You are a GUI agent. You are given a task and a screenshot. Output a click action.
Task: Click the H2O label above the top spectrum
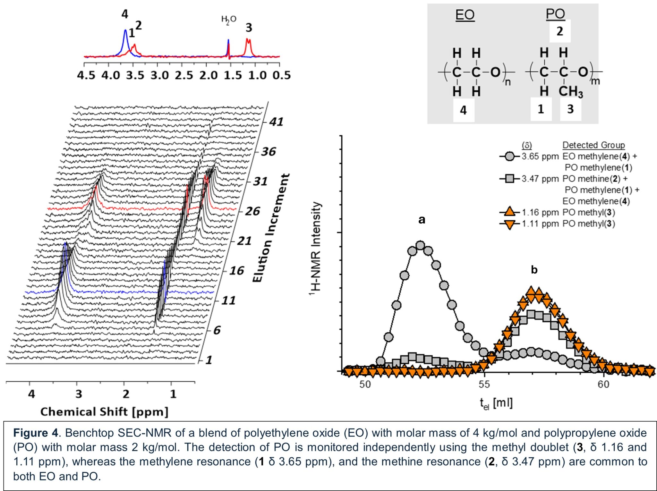click(228, 20)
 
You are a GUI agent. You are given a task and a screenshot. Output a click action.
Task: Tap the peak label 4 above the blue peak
click(125, 14)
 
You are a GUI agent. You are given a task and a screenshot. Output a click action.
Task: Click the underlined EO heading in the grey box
click(465, 15)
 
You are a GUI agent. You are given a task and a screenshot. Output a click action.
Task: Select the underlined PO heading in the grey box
click(555, 14)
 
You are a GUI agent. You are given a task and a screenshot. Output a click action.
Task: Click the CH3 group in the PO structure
click(570, 92)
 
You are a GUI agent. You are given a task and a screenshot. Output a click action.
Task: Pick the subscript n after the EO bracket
click(508, 82)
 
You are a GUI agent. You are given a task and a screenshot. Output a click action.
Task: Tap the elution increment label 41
click(276, 122)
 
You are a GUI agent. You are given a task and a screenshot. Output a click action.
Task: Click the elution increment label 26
click(252, 211)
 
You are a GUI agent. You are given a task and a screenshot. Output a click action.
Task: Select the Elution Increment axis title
click(271, 228)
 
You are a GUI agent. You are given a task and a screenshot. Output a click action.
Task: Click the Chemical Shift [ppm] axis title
click(104, 412)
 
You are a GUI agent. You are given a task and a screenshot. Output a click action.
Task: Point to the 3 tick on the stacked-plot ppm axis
click(79, 394)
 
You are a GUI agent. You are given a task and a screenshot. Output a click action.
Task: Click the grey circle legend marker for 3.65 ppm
click(509, 157)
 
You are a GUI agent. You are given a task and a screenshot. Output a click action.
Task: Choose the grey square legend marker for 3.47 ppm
click(509, 179)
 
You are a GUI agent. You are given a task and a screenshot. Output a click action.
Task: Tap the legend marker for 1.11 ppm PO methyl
click(509, 224)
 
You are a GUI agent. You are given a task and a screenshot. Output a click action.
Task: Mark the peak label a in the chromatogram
click(422, 220)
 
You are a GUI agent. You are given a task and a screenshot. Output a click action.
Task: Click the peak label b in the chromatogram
click(534, 270)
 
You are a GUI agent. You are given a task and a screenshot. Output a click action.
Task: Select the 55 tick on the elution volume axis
click(484, 384)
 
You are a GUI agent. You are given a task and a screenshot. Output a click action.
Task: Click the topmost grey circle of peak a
click(420, 246)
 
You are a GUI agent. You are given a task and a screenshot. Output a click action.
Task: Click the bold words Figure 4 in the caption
click(36, 433)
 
